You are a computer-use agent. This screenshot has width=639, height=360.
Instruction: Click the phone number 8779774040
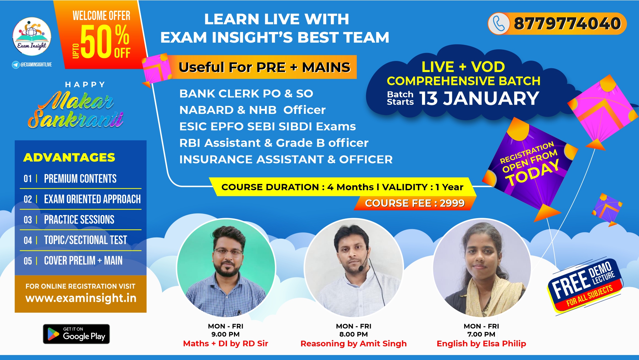567,24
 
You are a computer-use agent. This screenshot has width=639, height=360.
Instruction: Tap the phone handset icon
499,24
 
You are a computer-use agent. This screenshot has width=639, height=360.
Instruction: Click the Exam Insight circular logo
32,36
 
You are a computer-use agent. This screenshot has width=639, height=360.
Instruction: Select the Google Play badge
76,334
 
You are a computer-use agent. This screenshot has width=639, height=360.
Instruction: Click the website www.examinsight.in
81,298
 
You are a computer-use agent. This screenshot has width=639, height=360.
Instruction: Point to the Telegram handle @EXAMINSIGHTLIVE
36,65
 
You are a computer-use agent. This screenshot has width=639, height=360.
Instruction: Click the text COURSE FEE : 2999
415,203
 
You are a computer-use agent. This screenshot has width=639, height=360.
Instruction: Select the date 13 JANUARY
479,99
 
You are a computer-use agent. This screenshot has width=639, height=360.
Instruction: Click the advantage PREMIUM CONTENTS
80,179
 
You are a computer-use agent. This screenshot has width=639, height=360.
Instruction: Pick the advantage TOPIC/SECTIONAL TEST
86,240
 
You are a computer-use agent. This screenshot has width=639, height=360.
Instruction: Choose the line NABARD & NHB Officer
252,110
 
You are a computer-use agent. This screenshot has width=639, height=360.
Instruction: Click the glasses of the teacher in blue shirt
228,252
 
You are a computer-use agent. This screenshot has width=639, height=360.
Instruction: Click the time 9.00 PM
225,334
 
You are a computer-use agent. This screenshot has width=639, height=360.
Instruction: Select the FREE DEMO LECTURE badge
585,285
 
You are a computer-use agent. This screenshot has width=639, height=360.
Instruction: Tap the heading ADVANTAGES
69,158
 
